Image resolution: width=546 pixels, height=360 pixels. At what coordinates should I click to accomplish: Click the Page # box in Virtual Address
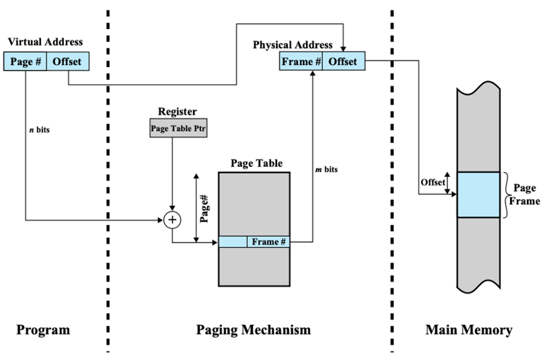tap(25, 61)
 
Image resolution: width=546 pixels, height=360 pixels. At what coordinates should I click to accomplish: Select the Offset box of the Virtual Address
tap(68, 61)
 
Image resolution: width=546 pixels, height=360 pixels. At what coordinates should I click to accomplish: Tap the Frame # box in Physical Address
tap(301, 61)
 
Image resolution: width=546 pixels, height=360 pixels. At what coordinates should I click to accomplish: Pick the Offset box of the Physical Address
tap(344, 61)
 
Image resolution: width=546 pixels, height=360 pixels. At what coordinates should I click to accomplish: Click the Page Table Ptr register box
tap(178, 128)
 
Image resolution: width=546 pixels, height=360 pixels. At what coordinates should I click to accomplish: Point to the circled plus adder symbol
tap(172, 220)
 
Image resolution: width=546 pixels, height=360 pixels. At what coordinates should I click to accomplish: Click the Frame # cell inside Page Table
tap(268, 242)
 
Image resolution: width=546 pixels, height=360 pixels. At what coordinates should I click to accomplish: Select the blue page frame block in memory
tap(479, 195)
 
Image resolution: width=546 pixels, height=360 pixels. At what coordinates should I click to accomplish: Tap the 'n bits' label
tap(40, 130)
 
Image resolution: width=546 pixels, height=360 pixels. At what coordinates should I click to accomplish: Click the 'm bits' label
tap(326, 169)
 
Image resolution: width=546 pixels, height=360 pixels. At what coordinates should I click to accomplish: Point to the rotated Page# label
tap(204, 209)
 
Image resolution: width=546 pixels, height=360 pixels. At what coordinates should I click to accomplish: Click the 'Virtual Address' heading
tap(45, 42)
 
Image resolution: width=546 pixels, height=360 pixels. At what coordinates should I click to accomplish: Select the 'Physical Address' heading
tap(293, 45)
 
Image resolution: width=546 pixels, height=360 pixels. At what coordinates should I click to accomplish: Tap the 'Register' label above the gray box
tap(177, 112)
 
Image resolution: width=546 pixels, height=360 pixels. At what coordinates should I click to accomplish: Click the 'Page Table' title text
tap(257, 163)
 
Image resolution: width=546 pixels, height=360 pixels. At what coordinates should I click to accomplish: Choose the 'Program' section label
tap(43, 330)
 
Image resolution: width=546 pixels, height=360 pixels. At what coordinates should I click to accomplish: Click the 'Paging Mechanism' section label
tap(253, 330)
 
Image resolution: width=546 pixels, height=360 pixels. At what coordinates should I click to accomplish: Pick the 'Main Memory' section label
tap(469, 330)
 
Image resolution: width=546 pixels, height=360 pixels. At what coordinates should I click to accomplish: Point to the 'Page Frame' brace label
tap(525, 195)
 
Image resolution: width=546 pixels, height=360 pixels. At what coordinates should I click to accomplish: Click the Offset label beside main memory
tap(433, 182)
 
